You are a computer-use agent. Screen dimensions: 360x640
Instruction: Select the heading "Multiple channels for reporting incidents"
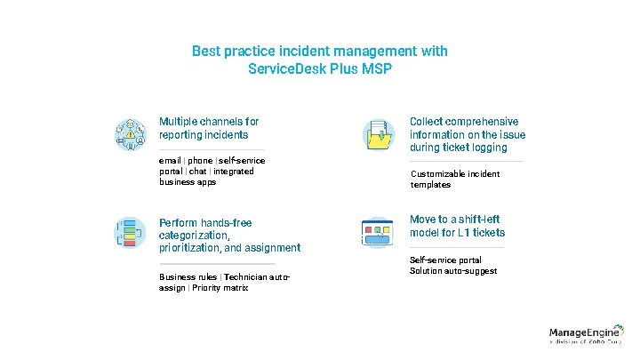pyautogui.click(x=209, y=128)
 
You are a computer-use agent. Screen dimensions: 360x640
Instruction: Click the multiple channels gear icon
pyautogui.click(x=130, y=134)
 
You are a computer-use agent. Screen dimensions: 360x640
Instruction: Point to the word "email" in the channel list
pyautogui.click(x=170, y=160)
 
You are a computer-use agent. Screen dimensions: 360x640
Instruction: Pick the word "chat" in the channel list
pyautogui.click(x=197, y=171)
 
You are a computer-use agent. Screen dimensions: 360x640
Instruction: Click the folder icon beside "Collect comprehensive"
pyautogui.click(x=378, y=134)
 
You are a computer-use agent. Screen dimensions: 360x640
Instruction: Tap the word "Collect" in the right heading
pyautogui.click(x=426, y=122)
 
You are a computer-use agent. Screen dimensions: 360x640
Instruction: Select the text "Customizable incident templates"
pyautogui.click(x=455, y=179)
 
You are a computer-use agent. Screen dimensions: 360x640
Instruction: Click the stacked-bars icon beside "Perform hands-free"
pyautogui.click(x=130, y=233)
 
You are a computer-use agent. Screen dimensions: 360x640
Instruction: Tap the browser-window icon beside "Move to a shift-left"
pyautogui.click(x=378, y=233)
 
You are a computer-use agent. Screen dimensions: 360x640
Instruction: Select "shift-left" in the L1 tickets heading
pyautogui.click(x=480, y=220)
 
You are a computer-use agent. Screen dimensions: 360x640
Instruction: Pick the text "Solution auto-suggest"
pyautogui.click(x=453, y=270)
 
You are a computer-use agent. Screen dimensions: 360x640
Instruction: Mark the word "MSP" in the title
pyautogui.click(x=376, y=69)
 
